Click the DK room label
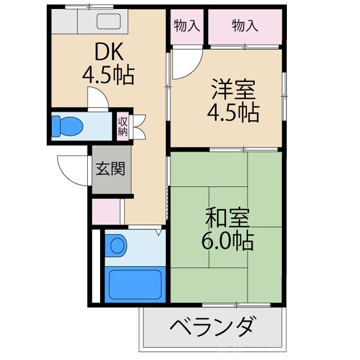coord(107,53)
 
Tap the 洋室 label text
coord(234,90)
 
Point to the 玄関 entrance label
coord(110,169)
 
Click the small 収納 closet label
coord(123,127)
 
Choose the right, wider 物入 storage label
coord(245,25)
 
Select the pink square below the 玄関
coord(106,211)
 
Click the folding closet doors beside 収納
coord(138,127)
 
